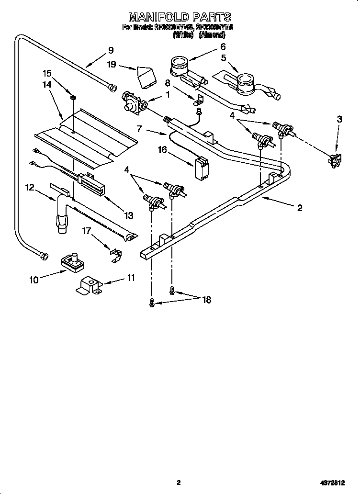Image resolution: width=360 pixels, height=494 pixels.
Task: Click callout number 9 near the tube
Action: point(111,50)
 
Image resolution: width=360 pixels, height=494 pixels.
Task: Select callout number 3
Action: point(339,120)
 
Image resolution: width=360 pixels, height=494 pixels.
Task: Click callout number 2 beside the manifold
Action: point(300,207)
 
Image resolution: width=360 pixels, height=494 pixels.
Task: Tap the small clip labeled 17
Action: point(114,255)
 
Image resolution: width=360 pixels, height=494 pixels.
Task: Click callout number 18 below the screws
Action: point(206,300)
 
